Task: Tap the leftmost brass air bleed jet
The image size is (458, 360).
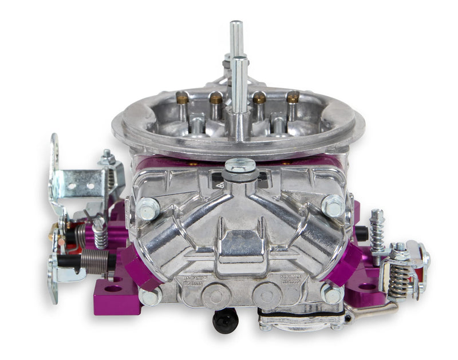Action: (183, 99)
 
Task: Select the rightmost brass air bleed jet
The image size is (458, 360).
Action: (293, 97)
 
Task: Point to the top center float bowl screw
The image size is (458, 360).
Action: (240, 167)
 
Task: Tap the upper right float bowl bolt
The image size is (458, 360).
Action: (333, 205)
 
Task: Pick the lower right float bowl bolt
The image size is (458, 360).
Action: (331, 295)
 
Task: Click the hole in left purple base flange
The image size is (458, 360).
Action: (113, 288)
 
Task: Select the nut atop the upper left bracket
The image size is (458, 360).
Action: (106, 156)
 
